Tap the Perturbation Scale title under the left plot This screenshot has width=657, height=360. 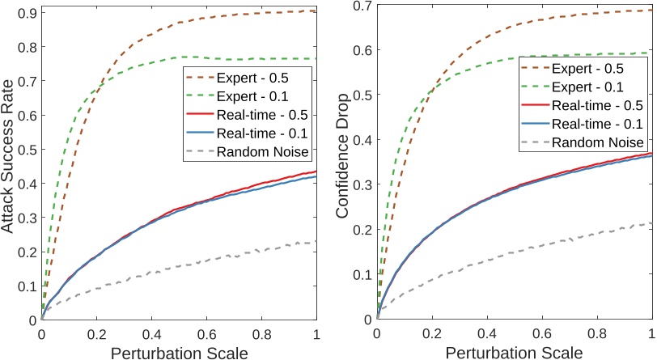point(179,353)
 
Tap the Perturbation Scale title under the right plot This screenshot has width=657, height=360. point(515,353)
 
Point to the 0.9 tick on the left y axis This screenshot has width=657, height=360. point(26,13)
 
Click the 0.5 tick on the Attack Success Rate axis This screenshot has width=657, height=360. point(26,150)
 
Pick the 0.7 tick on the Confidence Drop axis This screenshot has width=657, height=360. point(362,7)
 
